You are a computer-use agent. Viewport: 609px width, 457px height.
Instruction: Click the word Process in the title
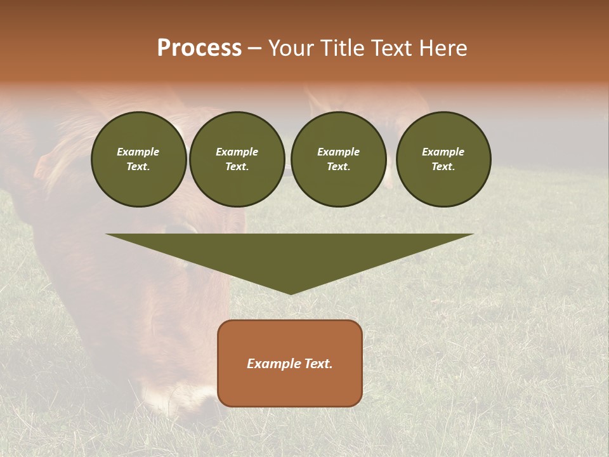click(x=199, y=48)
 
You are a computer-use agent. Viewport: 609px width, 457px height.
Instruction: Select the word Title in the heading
click(x=344, y=48)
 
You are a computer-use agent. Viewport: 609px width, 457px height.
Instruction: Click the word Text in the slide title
click(x=393, y=48)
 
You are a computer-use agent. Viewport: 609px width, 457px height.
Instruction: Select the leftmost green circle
click(x=138, y=159)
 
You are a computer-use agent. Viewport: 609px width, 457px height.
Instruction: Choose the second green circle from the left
click(x=237, y=159)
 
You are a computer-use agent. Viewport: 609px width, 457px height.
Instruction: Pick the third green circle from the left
click(x=339, y=159)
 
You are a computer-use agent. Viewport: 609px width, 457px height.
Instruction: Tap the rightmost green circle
click(x=443, y=159)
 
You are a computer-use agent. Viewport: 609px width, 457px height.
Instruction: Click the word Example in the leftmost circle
click(x=138, y=152)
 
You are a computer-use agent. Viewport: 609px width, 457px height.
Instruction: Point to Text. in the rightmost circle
click(x=443, y=167)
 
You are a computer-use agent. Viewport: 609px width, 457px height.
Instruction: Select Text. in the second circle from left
click(x=237, y=167)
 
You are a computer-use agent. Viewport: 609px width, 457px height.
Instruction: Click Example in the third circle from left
click(x=339, y=152)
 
